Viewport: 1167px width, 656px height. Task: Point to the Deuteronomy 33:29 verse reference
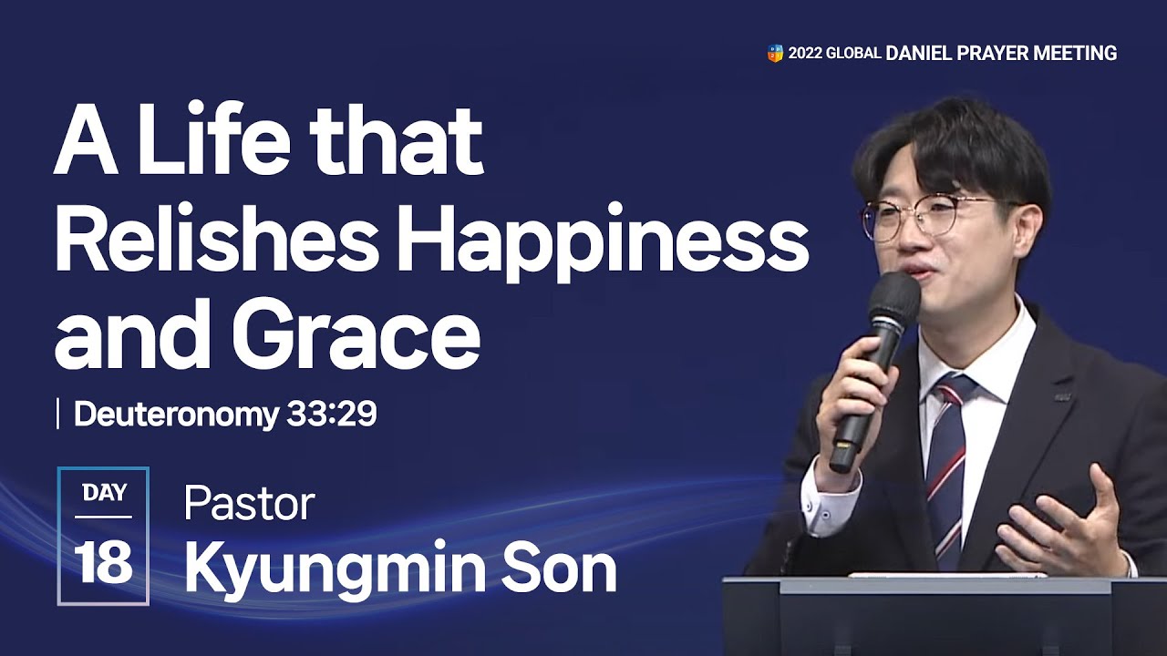tap(225, 415)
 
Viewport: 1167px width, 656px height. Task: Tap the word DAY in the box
tap(103, 493)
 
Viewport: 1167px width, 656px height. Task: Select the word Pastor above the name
tap(249, 504)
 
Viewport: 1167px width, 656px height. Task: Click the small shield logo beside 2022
tap(775, 54)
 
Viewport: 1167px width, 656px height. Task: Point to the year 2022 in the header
tap(806, 54)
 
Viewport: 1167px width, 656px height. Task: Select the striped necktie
tap(945, 465)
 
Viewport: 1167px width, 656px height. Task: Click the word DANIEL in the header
tap(918, 54)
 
